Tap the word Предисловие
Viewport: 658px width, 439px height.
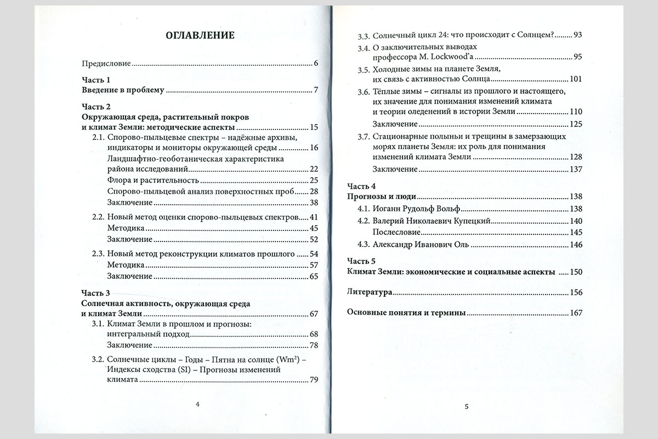(106, 63)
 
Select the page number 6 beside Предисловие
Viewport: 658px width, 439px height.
(316, 63)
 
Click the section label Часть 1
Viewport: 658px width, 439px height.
(96, 80)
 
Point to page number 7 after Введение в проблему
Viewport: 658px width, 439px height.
(316, 90)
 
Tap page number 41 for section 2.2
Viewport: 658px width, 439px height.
(314, 217)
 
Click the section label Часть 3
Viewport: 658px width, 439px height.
(96, 293)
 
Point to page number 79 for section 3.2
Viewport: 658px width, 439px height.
(314, 380)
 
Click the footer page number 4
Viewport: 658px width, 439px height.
(197, 404)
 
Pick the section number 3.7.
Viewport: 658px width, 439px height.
(362, 137)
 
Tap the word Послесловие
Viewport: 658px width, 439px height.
(396, 232)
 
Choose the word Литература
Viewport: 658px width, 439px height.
(370, 292)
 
